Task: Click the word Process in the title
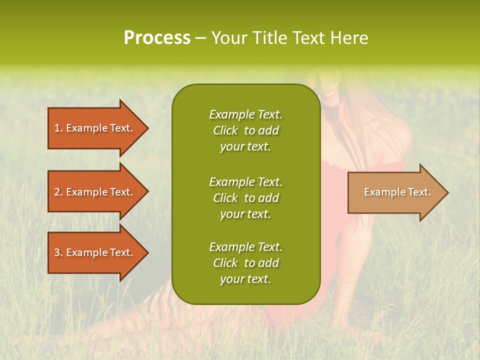pos(157,38)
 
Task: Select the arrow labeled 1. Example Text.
pos(95,128)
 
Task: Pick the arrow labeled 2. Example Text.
pos(95,192)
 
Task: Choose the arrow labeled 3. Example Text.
pos(95,252)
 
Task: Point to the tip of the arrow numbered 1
pos(147,128)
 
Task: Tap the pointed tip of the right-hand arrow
pos(447,192)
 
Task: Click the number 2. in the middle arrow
pos(58,192)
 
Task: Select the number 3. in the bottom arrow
pos(58,252)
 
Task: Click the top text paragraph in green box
pos(245,130)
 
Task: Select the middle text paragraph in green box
pos(245,198)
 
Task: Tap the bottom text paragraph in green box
pos(245,263)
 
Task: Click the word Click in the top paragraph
pos(225,130)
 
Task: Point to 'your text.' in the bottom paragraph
pos(245,279)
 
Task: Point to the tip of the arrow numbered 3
pos(147,252)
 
